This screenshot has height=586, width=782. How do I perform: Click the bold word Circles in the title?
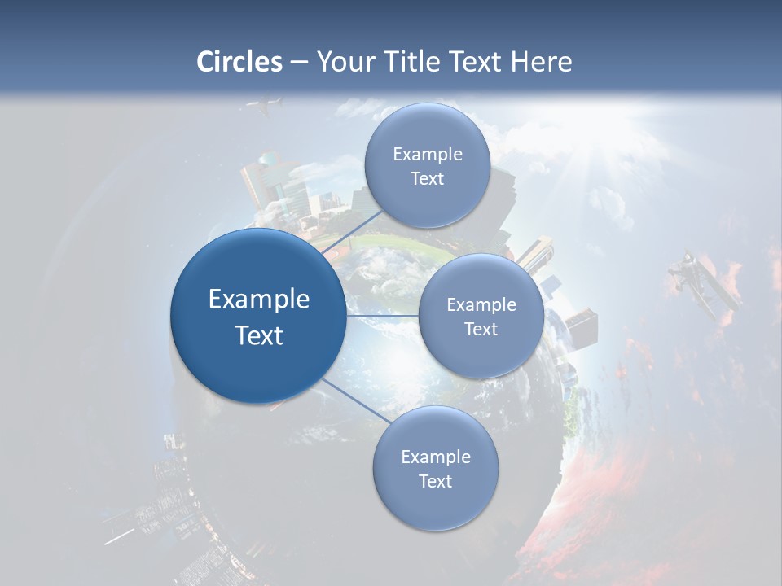[239, 62]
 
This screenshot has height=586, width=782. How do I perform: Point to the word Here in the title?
[541, 62]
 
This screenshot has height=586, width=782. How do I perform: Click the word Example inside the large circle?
[259, 300]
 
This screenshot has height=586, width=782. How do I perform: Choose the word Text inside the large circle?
[259, 335]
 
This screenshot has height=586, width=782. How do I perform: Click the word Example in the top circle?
[428, 155]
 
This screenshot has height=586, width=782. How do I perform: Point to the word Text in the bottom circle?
[435, 481]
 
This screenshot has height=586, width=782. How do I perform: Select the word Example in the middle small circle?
[481, 305]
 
